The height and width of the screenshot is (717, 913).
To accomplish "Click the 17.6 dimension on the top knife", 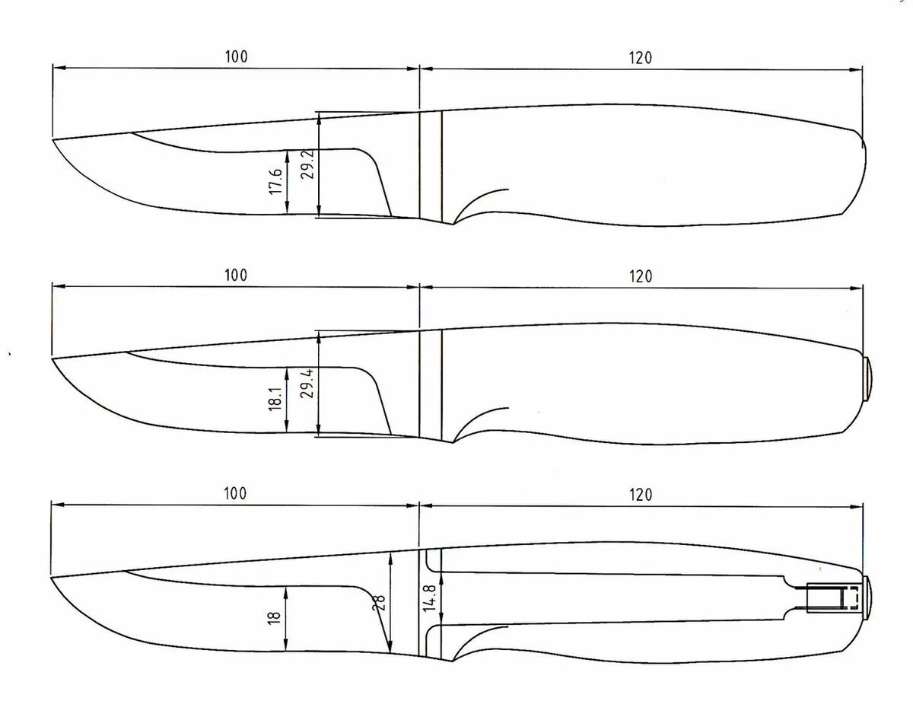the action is (276, 182).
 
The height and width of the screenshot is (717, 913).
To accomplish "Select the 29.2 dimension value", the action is (307, 164).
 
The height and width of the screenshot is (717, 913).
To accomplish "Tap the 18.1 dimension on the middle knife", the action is (275, 400).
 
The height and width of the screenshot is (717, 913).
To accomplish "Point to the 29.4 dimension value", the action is (307, 383).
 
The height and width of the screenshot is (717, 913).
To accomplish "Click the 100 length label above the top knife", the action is (236, 57).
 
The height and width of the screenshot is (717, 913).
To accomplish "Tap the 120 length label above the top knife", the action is (641, 58).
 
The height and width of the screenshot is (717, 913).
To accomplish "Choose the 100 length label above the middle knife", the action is (236, 276).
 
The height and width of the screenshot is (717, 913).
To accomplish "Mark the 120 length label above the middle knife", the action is (641, 276).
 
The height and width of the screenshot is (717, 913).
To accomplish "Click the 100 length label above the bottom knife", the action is (236, 494).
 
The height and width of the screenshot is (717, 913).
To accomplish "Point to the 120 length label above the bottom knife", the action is (641, 495).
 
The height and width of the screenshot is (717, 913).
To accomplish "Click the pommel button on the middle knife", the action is (867, 378).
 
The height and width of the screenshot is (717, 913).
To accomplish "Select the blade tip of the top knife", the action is (52, 139).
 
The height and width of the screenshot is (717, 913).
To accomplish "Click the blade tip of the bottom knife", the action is (51, 578).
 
